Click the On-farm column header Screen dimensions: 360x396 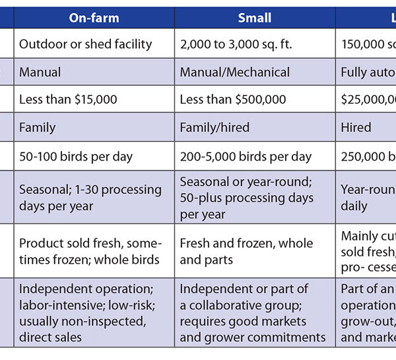pos(94,18)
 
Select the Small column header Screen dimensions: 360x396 pos(255,18)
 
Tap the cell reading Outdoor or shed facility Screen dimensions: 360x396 pos(86,44)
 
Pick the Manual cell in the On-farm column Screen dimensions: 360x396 pos(40,71)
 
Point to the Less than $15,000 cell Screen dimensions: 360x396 pos(68,99)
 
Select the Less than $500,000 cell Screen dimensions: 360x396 pos(233,99)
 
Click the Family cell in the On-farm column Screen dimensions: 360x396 pos(38,127)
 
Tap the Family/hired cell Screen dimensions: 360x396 pos(214,127)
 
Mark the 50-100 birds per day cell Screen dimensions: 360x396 pos(76,157)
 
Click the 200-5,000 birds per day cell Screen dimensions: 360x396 pos(246,157)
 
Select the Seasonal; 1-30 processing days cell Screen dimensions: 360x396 pos(90,198)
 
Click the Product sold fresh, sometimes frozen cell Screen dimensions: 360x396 pos(89,251)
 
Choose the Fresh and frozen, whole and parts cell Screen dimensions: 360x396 pos(246,251)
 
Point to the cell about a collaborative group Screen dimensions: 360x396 pos(253,312)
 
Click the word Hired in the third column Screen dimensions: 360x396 pos(356,127)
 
